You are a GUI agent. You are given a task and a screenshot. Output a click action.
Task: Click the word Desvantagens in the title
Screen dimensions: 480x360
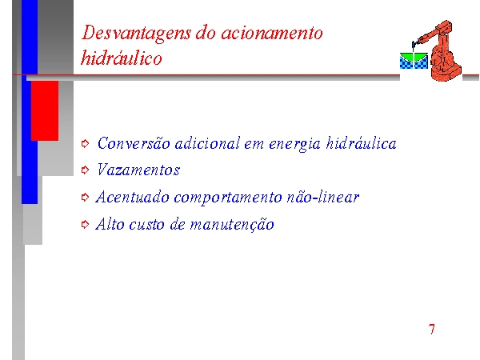coord(136,34)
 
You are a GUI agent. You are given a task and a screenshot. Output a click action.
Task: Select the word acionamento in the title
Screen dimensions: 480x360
coord(271,33)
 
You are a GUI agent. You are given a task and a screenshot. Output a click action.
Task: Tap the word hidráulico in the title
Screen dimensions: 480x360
coord(122,58)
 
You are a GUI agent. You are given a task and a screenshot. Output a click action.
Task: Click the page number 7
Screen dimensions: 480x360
coord(432,329)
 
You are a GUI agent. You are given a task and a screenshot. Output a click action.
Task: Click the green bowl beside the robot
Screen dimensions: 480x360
coord(414,58)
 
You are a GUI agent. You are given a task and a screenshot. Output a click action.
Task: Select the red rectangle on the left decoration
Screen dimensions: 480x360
coord(45,110)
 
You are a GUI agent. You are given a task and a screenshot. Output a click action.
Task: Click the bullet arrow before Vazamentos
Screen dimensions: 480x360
coord(85,170)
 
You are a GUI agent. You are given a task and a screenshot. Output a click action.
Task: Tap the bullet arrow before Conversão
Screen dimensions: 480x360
coord(85,143)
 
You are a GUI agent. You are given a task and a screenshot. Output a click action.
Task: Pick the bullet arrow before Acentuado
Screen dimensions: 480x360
coord(85,197)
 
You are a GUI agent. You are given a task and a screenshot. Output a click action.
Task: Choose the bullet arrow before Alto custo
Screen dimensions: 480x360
coord(85,224)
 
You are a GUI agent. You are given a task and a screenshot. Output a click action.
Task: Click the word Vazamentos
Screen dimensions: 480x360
coord(138,170)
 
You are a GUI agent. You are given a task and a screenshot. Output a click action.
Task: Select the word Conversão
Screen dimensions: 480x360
coord(134,143)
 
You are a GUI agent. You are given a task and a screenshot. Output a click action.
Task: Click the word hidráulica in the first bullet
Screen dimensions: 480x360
coord(361,142)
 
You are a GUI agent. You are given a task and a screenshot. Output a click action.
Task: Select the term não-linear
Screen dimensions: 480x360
coord(323,197)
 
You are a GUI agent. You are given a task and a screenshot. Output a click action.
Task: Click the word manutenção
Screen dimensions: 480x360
coord(232,225)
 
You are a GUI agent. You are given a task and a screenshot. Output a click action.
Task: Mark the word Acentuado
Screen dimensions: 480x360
coord(132,197)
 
